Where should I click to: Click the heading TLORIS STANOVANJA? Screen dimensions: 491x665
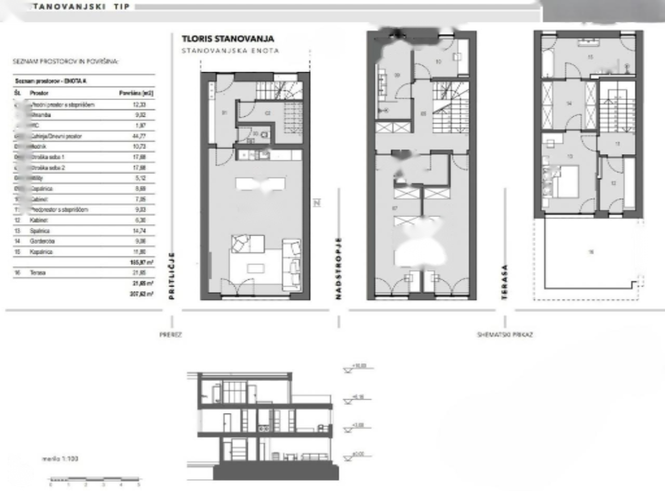pyautogui.click(x=228, y=39)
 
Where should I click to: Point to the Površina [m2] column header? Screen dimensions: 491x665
pyautogui.click(x=136, y=93)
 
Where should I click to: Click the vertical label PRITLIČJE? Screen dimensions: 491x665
pyautogui.click(x=172, y=276)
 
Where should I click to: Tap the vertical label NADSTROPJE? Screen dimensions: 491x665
pyautogui.click(x=338, y=268)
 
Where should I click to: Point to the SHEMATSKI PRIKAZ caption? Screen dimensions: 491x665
pyautogui.click(x=504, y=335)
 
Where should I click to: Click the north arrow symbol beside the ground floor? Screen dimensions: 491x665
pyautogui.click(x=316, y=203)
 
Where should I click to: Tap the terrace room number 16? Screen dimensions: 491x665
pyautogui.click(x=591, y=252)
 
